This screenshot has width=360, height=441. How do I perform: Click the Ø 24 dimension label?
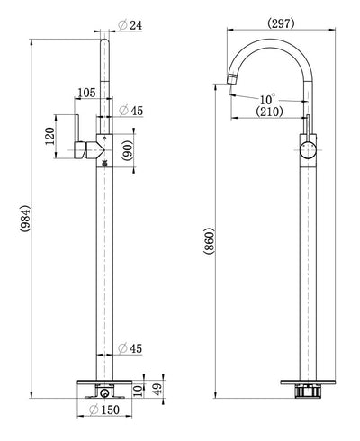130,25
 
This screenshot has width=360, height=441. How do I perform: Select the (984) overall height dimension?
24,219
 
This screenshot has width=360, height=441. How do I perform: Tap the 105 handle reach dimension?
86,93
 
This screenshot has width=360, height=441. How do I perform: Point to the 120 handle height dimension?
49,136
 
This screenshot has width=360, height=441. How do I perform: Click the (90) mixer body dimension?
128,151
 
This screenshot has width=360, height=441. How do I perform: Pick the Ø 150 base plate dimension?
104,409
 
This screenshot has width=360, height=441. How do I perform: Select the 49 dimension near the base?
157,389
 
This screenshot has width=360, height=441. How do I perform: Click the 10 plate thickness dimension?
139,391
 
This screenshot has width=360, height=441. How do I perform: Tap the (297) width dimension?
281,23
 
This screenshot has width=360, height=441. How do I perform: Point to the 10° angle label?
267,98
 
